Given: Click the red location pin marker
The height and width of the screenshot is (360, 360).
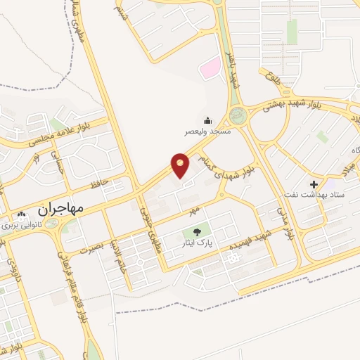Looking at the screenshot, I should point(181,165).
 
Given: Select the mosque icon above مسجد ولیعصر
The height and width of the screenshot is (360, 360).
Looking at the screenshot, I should point(207,120).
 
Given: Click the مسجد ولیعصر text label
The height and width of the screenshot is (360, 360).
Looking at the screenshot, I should point(207,131).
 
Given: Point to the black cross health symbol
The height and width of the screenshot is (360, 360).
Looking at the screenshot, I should point(313,183).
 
